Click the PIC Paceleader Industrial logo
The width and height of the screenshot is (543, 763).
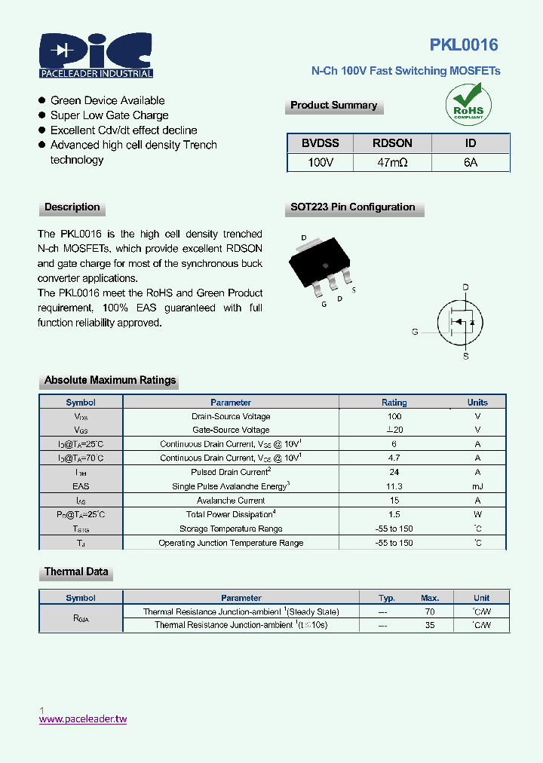coord(96,55)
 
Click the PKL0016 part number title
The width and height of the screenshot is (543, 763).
coord(464,45)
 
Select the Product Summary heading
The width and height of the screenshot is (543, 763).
coord(333,106)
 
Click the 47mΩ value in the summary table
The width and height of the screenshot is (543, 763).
coord(392,162)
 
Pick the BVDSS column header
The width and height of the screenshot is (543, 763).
coord(321,142)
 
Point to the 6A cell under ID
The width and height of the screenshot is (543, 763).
coord(471,162)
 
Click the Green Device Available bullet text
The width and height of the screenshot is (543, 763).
coord(107,100)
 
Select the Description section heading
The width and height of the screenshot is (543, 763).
coord(72,207)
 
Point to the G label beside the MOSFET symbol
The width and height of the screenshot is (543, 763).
coord(415,332)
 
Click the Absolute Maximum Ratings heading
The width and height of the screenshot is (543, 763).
coord(110,381)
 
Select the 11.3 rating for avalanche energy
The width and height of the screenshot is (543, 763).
coord(394,486)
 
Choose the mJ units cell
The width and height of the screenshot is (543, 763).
coord(477,486)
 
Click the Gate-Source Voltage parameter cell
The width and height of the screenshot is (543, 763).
coord(231,430)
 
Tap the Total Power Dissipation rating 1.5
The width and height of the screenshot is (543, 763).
coord(394,514)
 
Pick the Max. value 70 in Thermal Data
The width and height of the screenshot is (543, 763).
coord(430,611)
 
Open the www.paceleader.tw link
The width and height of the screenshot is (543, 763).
coord(83,719)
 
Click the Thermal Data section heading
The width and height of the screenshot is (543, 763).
coord(76,572)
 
